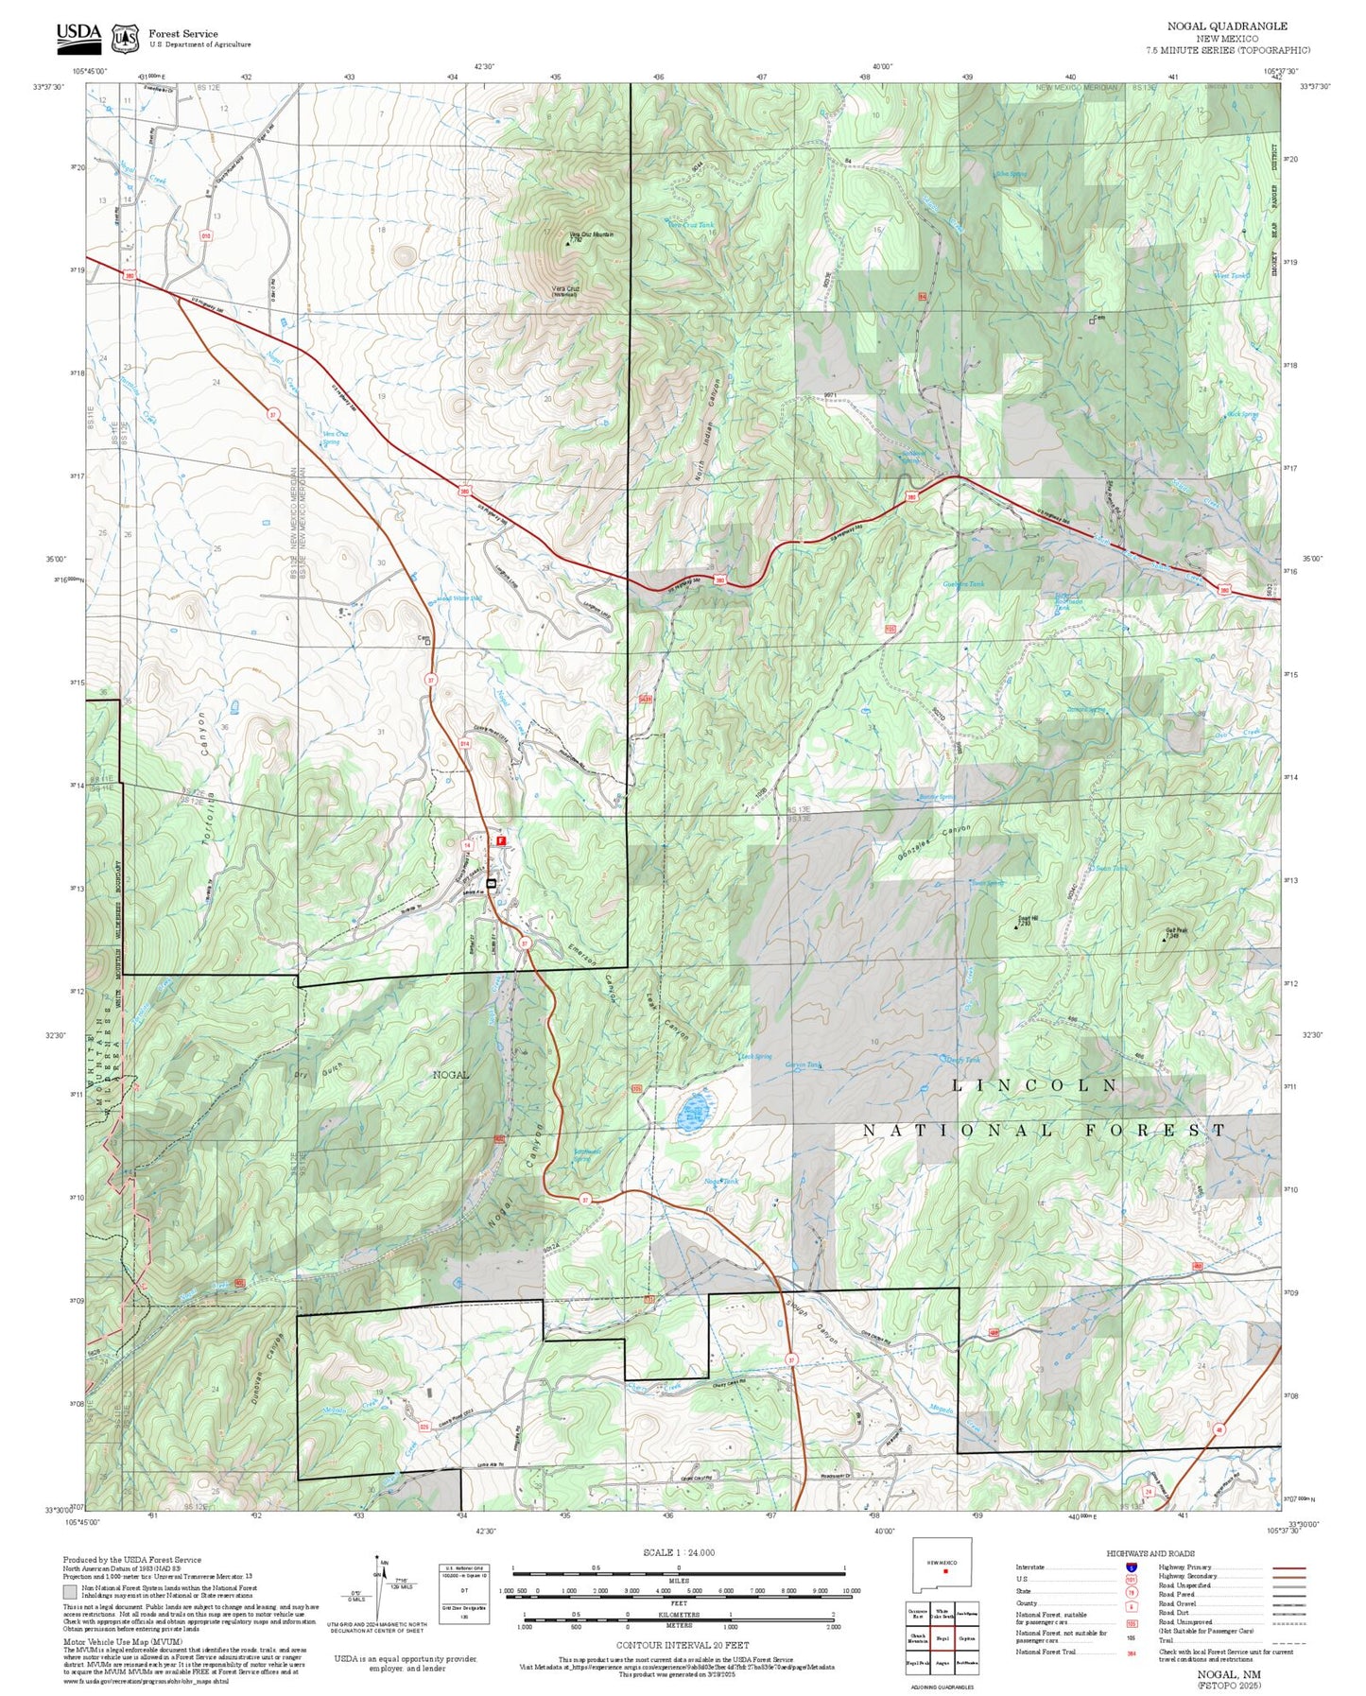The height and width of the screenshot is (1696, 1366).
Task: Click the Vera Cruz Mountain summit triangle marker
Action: pyautogui.click(x=567, y=243)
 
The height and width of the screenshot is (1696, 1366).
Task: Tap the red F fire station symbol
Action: pyautogui.click(x=502, y=839)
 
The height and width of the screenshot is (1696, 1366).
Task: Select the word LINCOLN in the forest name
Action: pyautogui.click(x=1036, y=1085)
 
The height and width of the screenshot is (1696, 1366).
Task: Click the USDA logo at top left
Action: pyautogui.click(x=78, y=36)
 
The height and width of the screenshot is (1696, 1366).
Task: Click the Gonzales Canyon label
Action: pyautogui.click(x=934, y=840)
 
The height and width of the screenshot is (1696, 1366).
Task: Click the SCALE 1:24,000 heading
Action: pyautogui.click(x=678, y=1552)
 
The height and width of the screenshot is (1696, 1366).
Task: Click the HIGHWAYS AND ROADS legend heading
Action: pyautogui.click(x=1150, y=1553)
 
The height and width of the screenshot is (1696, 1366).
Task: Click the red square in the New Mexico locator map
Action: pyautogui.click(x=945, y=1599)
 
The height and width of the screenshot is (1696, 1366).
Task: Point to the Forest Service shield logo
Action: pyautogui.click(x=124, y=38)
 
